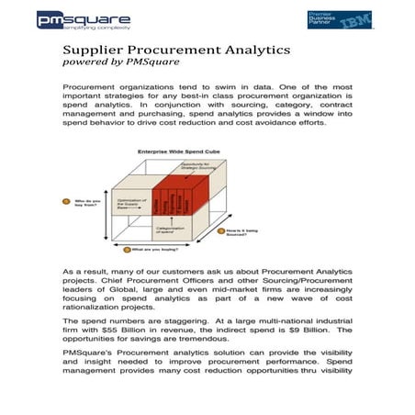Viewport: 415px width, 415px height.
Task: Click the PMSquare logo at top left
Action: [x=84, y=20]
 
